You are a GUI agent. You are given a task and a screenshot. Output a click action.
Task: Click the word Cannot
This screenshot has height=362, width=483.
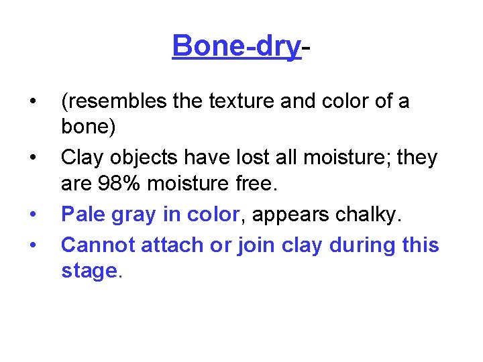(98, 245)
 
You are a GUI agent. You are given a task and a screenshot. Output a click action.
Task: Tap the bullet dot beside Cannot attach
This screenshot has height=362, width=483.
(32, 245)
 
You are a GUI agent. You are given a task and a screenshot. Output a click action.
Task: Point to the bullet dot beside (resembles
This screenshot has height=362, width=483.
(32, 102)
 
